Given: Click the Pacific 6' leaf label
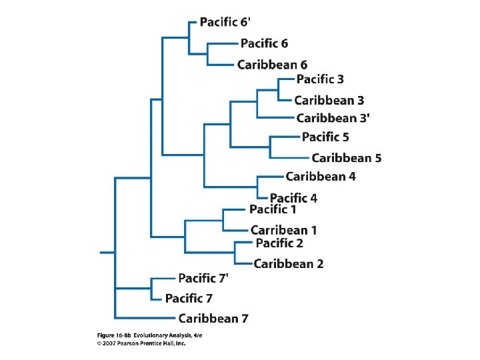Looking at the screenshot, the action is pyautogui.click(x=228, y=22).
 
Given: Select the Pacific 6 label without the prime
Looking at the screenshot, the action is pyautogui.click(x=264, y=43).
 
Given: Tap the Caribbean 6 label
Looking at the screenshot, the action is pyautogui.click(x=272, y=65).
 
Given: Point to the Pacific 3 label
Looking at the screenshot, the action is pyautogui.click(x=320, y=79).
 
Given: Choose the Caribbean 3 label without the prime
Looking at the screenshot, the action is pyautogui.click(x=329, y=101).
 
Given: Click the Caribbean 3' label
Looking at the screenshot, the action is pyautogui.click(x=333, y=118).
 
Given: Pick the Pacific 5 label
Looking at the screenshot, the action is pyautogui.click(x=325, y=137).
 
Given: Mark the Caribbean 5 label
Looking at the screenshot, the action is pyautogui.click(x=346, y=158).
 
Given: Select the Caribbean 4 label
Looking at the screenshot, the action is pyautogui.click(x=321, y=177).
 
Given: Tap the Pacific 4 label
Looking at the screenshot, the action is pyautogui.click(x=293, y=198).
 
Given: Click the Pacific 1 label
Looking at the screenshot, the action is pyautogui.click(x=273, y=210).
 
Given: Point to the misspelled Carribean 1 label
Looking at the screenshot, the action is pyautogui.click(x=283, y=230).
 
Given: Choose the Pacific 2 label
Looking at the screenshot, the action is pyautogui.click(x=279, y=243).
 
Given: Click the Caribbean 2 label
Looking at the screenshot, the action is pyautogui.click(x=289, y=264).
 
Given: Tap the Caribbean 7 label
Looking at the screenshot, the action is pyautogui.click(x=213, y=319).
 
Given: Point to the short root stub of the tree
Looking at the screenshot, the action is pyautogui.click(x=107, y=253).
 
